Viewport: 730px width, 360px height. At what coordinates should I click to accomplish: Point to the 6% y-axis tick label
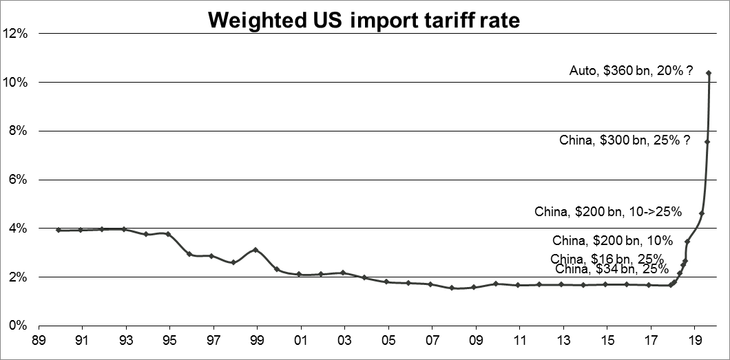(x=17, y=180)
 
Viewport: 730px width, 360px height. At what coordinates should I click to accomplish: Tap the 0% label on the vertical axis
(x=17, y=326)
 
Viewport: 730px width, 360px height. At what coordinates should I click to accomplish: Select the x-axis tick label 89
(x=39, y=339)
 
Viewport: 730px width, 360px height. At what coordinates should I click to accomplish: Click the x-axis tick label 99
(x=257, y=339)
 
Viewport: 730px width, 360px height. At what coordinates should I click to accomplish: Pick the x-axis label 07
(x=432, y=339)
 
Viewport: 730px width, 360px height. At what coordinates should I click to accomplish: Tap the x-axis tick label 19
(x=694, y=339)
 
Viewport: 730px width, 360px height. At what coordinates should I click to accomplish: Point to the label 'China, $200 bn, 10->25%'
(x=608, y=212)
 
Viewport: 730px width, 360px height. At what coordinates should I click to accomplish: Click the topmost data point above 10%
(x=709, y=73)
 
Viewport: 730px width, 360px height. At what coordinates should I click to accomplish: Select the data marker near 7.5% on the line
(x=707, y=142)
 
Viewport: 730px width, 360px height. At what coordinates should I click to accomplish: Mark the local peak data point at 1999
(x=255, y=250)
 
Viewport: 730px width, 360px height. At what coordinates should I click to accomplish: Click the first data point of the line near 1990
(x=59, y=230)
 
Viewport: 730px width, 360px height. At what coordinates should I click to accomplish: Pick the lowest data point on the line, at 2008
(x=452, y=288)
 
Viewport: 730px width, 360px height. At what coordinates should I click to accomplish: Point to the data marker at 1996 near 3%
(x=189, y=254)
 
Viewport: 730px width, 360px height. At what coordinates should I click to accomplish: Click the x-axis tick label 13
(x=563, y=339)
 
